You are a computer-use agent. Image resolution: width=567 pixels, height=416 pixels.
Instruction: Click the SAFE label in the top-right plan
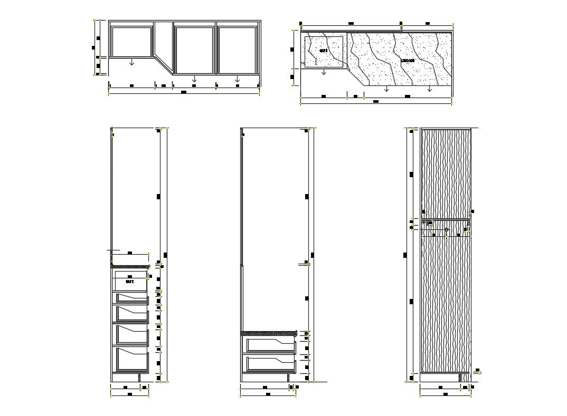click(x=324, y=51)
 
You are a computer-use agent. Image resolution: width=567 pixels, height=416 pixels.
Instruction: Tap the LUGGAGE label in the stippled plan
click(x=408, y=61)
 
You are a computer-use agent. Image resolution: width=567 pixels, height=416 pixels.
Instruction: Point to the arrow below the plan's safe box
click(x=324, y=72)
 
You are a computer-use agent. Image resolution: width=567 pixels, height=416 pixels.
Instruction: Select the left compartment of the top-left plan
click(x=131, y=42)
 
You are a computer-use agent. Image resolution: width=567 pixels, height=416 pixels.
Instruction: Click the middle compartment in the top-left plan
click(x=194, y=49)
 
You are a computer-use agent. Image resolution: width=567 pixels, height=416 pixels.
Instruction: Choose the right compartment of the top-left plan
click(x=237, y=49)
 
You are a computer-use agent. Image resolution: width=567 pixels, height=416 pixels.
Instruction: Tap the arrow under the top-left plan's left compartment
click(x=131, y=62)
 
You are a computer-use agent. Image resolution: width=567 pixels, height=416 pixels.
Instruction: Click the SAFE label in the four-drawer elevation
click(x=130, y=282)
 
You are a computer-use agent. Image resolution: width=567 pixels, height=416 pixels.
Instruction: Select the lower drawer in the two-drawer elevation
click(x=269, y=364)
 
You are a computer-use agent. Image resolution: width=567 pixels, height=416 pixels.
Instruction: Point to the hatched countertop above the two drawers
click(x=268, y=333)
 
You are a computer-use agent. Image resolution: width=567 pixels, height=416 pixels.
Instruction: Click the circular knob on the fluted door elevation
click(x=447, y=230)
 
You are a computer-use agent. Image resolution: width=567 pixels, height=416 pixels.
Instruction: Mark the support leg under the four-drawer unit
click(x=139, y=378)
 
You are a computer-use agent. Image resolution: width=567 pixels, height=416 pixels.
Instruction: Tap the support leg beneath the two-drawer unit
click(x=288, y=378)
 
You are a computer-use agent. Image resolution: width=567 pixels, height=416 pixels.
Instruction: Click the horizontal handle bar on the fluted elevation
click(x=446, y=219)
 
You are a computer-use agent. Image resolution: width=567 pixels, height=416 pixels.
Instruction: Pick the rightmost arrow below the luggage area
click(x=430, y=89)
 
